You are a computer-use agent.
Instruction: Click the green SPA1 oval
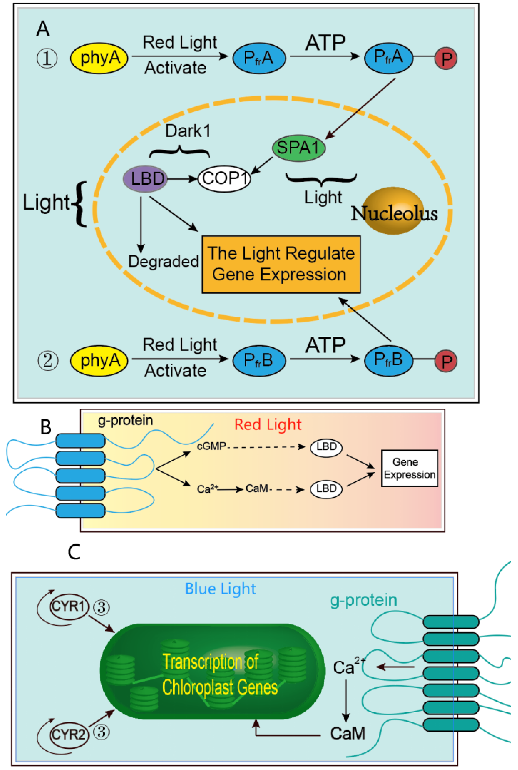(298, 148)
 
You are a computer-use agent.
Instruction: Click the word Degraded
(163, 262)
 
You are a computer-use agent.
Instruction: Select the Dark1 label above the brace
(188, 131)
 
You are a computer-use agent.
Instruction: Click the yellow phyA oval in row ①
(99, 58)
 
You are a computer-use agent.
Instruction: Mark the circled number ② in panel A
(48, 361)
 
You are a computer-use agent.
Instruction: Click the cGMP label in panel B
(211, 446)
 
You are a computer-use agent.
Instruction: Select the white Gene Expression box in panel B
(409, 468)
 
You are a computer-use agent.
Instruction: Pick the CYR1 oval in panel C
(69, 606)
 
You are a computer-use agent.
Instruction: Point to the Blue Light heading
(220, 589)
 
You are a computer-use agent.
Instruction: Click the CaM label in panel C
(348, 734)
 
